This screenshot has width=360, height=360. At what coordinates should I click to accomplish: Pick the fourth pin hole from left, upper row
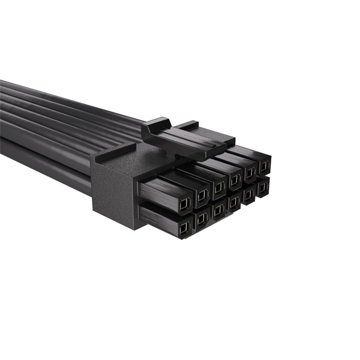[234, 178]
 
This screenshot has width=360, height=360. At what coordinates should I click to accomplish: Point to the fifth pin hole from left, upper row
[249, 171]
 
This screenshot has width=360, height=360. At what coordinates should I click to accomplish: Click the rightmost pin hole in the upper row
[263, 164]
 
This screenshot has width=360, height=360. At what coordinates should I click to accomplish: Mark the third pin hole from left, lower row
[218, 209]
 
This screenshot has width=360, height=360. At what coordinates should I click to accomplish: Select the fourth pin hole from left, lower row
[233, 202]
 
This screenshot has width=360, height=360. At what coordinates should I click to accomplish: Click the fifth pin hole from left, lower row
[248, 194]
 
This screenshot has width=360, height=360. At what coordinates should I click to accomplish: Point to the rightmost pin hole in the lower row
[263, 187]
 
